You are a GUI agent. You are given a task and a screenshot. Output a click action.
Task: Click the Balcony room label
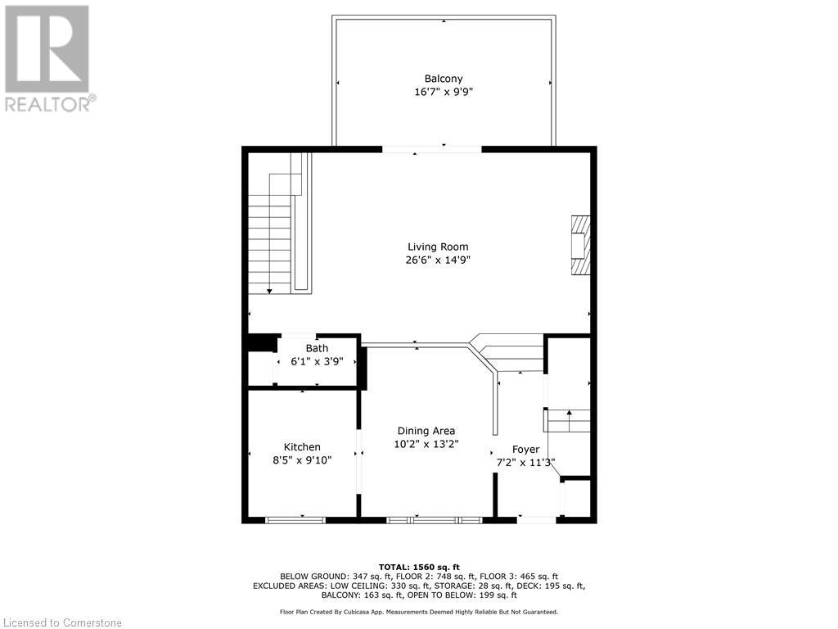tap(444, 79)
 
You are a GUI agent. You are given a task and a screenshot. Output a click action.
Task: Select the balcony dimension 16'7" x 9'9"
tap(444, 93)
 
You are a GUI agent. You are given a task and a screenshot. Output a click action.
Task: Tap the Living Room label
tap(438, 247)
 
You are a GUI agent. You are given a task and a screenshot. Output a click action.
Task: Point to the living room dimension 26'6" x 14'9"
tap(438, 260)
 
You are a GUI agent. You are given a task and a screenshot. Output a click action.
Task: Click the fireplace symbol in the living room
tap(579, 245)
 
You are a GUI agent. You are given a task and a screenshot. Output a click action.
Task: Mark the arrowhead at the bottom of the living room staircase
tap(269, 290)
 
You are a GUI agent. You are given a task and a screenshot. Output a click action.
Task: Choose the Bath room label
tap(317, 348)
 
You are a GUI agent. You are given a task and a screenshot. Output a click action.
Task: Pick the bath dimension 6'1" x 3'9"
tap(317, 361)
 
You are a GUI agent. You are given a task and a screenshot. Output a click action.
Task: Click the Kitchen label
tap(302, 446)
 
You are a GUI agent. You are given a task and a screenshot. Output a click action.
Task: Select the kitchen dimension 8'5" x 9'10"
tap(302, 460)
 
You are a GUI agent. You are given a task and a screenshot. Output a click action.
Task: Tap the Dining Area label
tap(426, 431)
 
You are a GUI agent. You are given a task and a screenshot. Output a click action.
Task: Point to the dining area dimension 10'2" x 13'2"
tap(426, 444)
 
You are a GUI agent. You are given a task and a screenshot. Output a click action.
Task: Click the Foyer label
tap(525, 449)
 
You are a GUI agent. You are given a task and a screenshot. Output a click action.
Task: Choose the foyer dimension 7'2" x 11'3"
tap(525, 463)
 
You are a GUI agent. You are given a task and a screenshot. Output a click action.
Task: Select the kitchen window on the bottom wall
tap(295, 519)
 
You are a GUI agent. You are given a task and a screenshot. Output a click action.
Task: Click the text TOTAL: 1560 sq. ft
tap(419, 567)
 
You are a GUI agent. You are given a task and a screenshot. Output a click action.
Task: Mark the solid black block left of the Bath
tap(262, 343)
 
